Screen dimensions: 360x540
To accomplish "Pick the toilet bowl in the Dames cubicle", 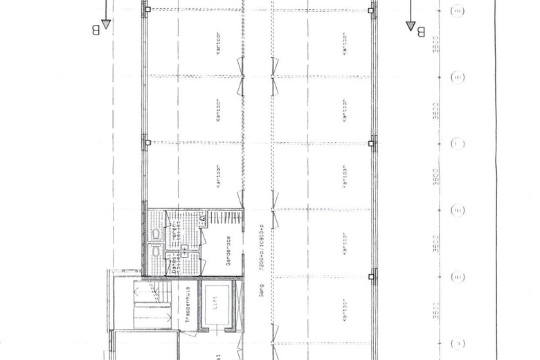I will pos(159,254).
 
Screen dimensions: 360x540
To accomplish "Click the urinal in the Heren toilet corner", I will pos(203,219).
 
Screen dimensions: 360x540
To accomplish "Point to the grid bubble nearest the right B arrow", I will pos(457,12).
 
